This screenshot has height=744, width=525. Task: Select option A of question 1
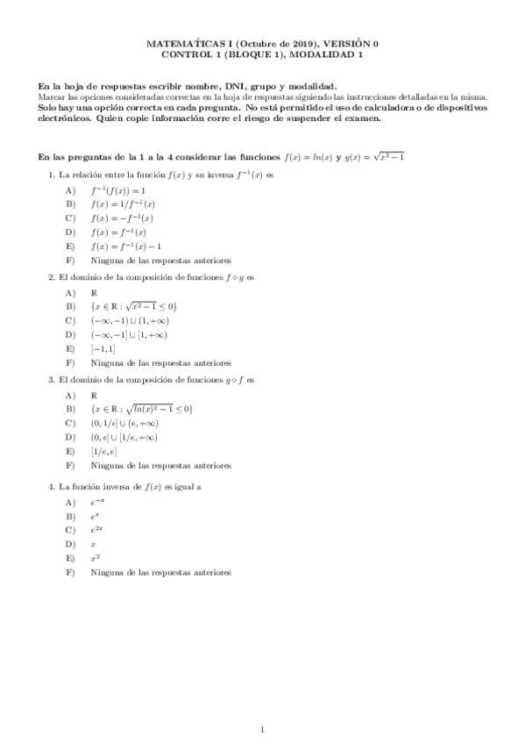(117, 190)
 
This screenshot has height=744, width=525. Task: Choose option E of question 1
(126, 247)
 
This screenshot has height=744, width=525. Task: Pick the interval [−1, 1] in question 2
(103, 348)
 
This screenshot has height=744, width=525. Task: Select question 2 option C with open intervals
(128, 320)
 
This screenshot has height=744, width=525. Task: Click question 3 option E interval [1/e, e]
(103, 451)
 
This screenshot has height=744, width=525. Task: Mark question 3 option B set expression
(140, 409)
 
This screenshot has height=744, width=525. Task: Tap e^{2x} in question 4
(96, 530)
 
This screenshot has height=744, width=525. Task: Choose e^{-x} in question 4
(96, 502)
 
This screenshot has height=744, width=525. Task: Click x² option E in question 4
(94, 558)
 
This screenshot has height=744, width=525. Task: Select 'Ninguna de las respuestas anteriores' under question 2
(160, 362)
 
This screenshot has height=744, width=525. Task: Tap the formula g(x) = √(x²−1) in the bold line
(369, 156)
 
